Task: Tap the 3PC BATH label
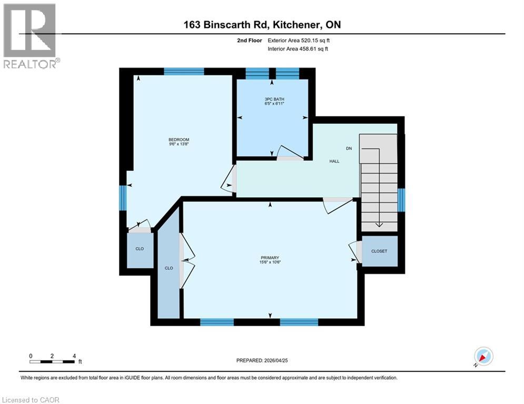tap(271, 99)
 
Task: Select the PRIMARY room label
tap(269, 257)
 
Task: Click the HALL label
tap(334, 161)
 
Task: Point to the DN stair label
tap(349, 148)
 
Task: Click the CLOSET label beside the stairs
tap(379, 251)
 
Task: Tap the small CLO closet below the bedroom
tap(140, 249)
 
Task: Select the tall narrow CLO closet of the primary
tap(169, 268)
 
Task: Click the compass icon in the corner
tap(483, 356)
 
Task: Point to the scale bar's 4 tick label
tap(74, 356)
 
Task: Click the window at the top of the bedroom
tap(184, 72)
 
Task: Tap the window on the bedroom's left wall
tap(123, 197)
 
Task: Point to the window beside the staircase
tap(401, 200)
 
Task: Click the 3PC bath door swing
tap(290, 153)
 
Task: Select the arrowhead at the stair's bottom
tap(379, 225)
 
